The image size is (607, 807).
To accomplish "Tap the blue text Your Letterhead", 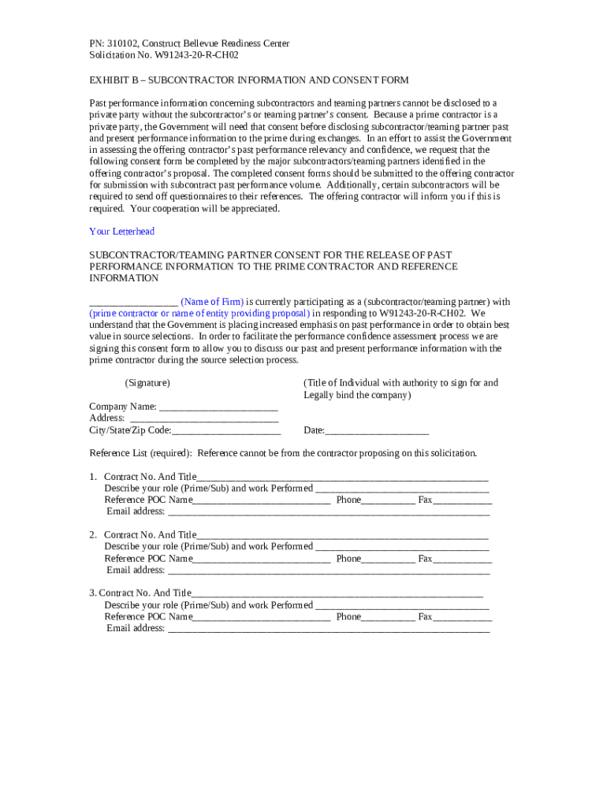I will tap(122, 231).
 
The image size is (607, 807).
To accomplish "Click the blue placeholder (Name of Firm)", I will tap(212, 302).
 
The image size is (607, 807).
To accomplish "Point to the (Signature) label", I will tap(147, 383).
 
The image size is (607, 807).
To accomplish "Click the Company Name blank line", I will tap(218, 408).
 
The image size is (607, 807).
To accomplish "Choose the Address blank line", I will tap(203, 419).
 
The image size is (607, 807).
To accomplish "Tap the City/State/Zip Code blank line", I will tap(226, 431).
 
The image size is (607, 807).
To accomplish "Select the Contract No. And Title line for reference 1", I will tap(342, 478).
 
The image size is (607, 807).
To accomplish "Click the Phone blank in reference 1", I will tap(388, 500).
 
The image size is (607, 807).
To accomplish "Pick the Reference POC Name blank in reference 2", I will tap(261, 560).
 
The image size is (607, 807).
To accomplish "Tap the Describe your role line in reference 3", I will tap(402, 606).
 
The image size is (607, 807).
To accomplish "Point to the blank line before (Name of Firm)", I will tap(133, 303).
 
